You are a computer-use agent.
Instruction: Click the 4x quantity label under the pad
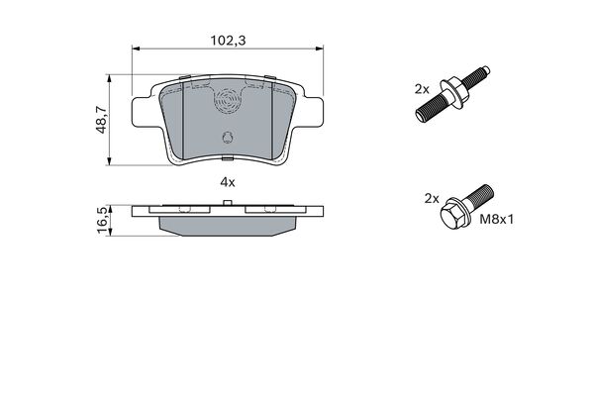pos(227,182)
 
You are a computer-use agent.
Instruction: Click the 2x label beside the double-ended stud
pos(421,88)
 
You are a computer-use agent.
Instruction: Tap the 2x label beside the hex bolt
pos(431,198)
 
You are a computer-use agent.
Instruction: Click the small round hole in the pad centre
pos(228,138)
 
